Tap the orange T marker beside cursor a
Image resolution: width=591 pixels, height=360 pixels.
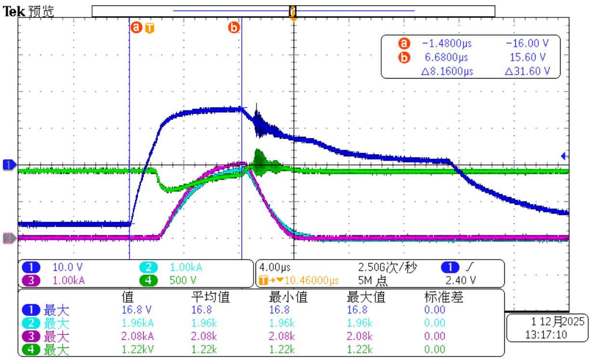pyautogui.click(x=150, y=28)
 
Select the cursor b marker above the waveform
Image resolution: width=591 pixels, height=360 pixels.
pyautogui.click(x=234, y=28)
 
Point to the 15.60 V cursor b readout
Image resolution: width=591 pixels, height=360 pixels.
pyautogui.click(x=527, y=57)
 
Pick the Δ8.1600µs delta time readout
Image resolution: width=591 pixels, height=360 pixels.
pyautogui.click(x=447, y=71)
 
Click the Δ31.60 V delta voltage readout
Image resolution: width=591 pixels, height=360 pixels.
pyautogui.click(x=527, y=71)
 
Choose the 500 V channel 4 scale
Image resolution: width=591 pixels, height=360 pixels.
pyautogui.click(x=183, y=280)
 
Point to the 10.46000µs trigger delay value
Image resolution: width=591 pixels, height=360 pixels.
pyautogui.click(x=312, y=280)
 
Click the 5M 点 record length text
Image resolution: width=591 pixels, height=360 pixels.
pyautogui.click(x=374, y=280)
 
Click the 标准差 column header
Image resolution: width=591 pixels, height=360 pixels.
pyautogui.click(x=443, y=297)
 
